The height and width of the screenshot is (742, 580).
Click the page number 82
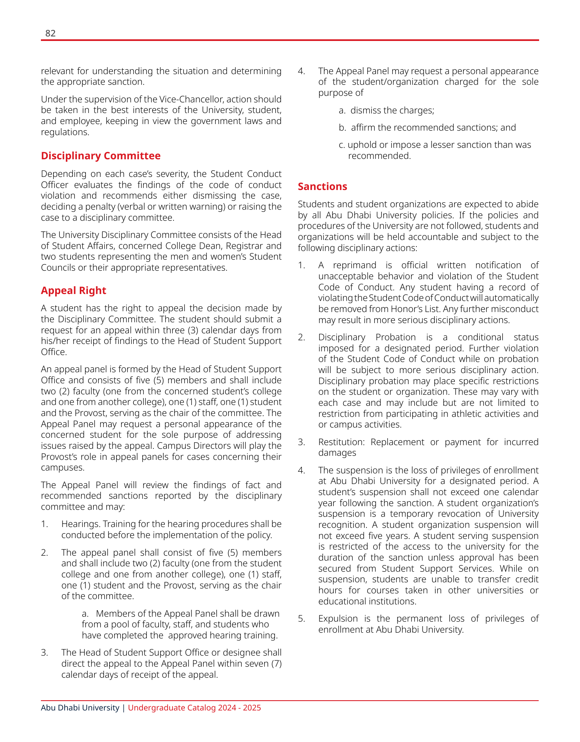(50, 34)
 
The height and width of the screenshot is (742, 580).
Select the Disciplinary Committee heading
(101, 156)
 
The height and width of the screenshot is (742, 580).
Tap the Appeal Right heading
(74, 291)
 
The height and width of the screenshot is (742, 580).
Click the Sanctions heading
(322, 187)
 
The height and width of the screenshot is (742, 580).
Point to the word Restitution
(343, 442)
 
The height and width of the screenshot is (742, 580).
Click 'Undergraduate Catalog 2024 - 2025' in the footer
(194, 708)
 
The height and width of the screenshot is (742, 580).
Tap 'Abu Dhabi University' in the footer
(80, 708)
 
